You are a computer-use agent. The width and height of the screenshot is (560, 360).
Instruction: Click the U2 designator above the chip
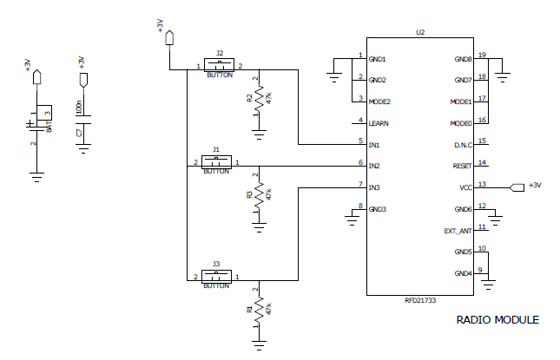(x=420, y=32)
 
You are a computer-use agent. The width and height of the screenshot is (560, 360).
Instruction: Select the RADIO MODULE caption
(x=497, y=320)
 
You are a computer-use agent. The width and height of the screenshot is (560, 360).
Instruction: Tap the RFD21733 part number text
(x=421, y=300)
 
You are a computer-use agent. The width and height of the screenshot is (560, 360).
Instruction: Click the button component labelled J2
(x=220, y=66)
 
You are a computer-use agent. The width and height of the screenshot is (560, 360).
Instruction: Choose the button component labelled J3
(x=216, y=278)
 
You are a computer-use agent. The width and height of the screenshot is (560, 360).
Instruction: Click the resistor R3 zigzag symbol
(x=259, y=194)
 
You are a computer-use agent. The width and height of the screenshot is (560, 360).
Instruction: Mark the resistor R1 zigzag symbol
(x=259, y=310)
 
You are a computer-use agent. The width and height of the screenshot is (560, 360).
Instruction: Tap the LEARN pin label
(x=379, y=122)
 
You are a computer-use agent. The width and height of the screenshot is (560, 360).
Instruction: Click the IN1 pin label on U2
(x=374, y=143)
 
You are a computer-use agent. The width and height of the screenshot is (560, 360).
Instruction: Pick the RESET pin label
(x=462, y=165)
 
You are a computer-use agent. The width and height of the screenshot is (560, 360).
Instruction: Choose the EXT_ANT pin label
(x=458, y=231)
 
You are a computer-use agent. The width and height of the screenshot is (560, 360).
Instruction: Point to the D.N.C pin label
(x=462, y=143)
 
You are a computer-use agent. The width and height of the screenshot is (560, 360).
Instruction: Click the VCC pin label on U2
(x=465, y=187)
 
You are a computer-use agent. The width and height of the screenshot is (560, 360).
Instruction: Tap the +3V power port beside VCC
(x=518, y=187)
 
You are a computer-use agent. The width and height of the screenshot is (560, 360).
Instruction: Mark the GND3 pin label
(x=378, y=209)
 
